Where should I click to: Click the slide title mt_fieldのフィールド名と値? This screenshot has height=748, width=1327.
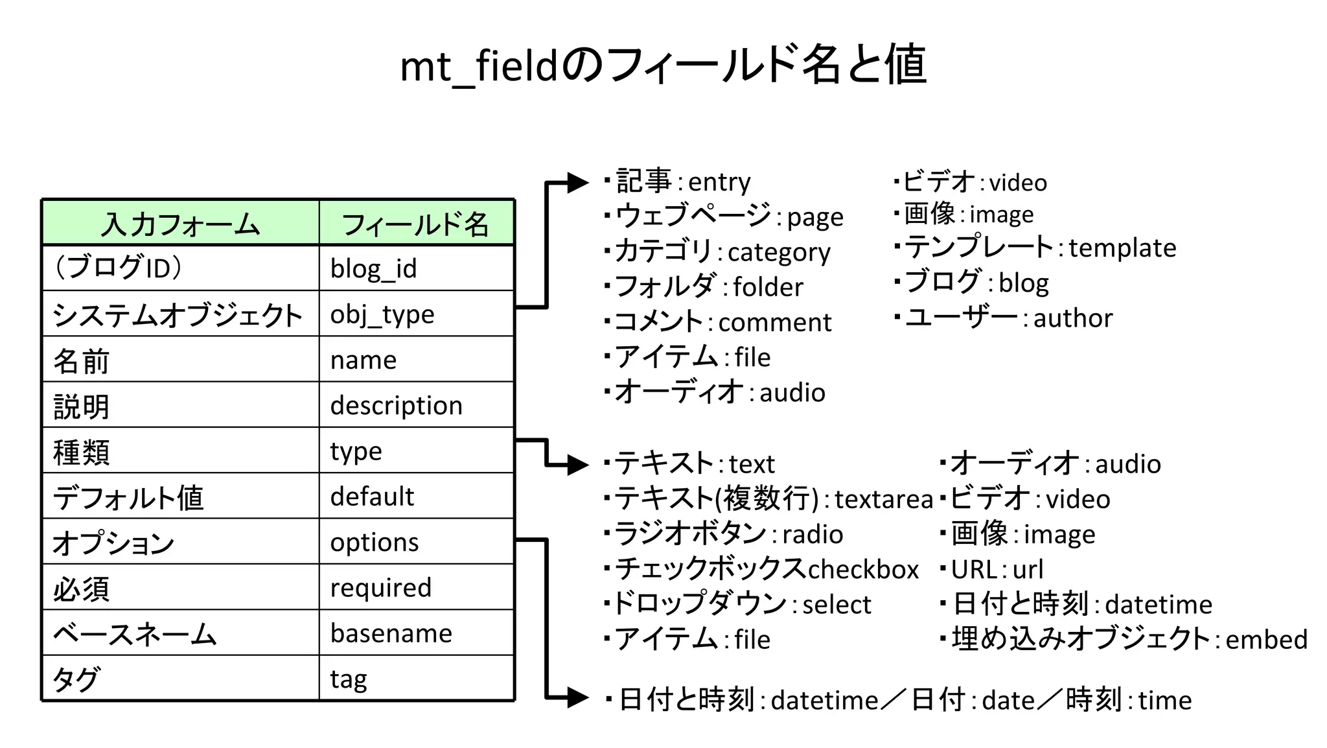pyautogui.click(x=663, y=65)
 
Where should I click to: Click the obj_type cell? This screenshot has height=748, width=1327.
pyautogui.click(x=382, y=314)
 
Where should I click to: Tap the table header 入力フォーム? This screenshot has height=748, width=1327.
pyautogui.click(x=180, y=224)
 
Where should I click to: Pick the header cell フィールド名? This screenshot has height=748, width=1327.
pyautogui.click(x=415, y=224)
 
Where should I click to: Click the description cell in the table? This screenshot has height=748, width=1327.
pyautogui.click(x=396, y=406)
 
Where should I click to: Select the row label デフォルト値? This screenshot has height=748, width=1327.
pyautogui.click(x=128, y=497)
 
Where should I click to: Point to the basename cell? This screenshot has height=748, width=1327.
pyautogui.click(x=391, y=633)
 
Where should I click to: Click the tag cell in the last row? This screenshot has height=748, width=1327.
pyautogui.click(x=349, y=679)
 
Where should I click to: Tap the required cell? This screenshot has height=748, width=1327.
pyautogui.click(x=380, y=588)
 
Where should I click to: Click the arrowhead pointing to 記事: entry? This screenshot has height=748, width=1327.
pyautogui.click(x=577, y=183)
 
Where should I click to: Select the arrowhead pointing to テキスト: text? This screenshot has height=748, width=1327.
pyautogui.click(x=577, y=465)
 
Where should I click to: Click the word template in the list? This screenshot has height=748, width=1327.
pyautogui.click(x=1122, y=248)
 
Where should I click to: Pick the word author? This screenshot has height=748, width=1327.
pyautogui.click(x=1073, y=318)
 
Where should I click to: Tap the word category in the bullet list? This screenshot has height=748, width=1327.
pyautogui.click(x=779, y=252)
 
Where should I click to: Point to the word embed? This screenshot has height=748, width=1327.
pyautogui.click(x=1266, y=640)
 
